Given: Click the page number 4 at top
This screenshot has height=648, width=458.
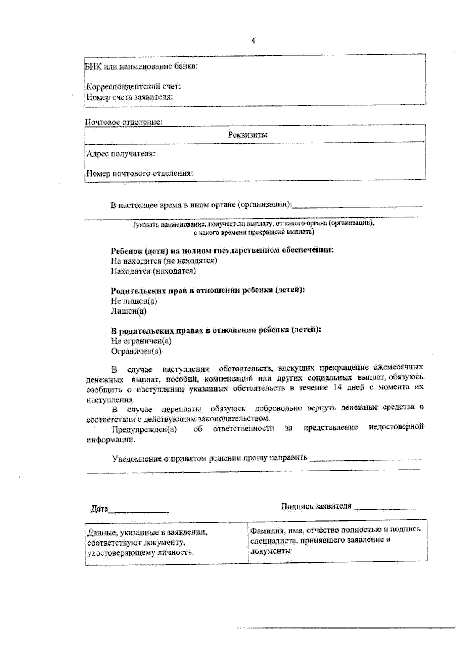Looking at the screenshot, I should pos(253,41).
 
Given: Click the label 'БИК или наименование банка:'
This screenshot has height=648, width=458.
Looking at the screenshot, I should pos(141,66).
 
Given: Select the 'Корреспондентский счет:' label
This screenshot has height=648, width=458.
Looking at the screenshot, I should pos(134,86).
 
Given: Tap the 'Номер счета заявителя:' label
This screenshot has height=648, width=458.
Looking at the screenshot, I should pos(130,97).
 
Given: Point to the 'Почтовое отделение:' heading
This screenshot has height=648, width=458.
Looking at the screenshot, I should pos(124,122).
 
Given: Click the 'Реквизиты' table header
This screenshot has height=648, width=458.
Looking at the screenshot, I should pos(248,135).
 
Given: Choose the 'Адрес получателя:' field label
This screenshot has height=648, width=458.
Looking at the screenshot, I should pos(121,154).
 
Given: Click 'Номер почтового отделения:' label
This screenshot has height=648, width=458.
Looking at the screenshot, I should pos(140,173).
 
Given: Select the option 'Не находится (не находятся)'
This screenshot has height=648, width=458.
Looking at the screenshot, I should pos(164,261).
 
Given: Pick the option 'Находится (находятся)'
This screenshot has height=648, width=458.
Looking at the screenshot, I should pos(153,271).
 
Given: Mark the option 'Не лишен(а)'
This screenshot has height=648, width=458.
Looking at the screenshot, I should pos(134,301).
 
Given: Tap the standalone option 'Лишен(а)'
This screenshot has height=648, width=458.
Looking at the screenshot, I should pos(129,311).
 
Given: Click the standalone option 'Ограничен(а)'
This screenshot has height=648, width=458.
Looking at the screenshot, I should pos(136,351).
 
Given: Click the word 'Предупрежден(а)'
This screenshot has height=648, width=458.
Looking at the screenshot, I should pos(144,429).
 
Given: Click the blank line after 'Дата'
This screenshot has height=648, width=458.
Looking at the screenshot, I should pos(139,510).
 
